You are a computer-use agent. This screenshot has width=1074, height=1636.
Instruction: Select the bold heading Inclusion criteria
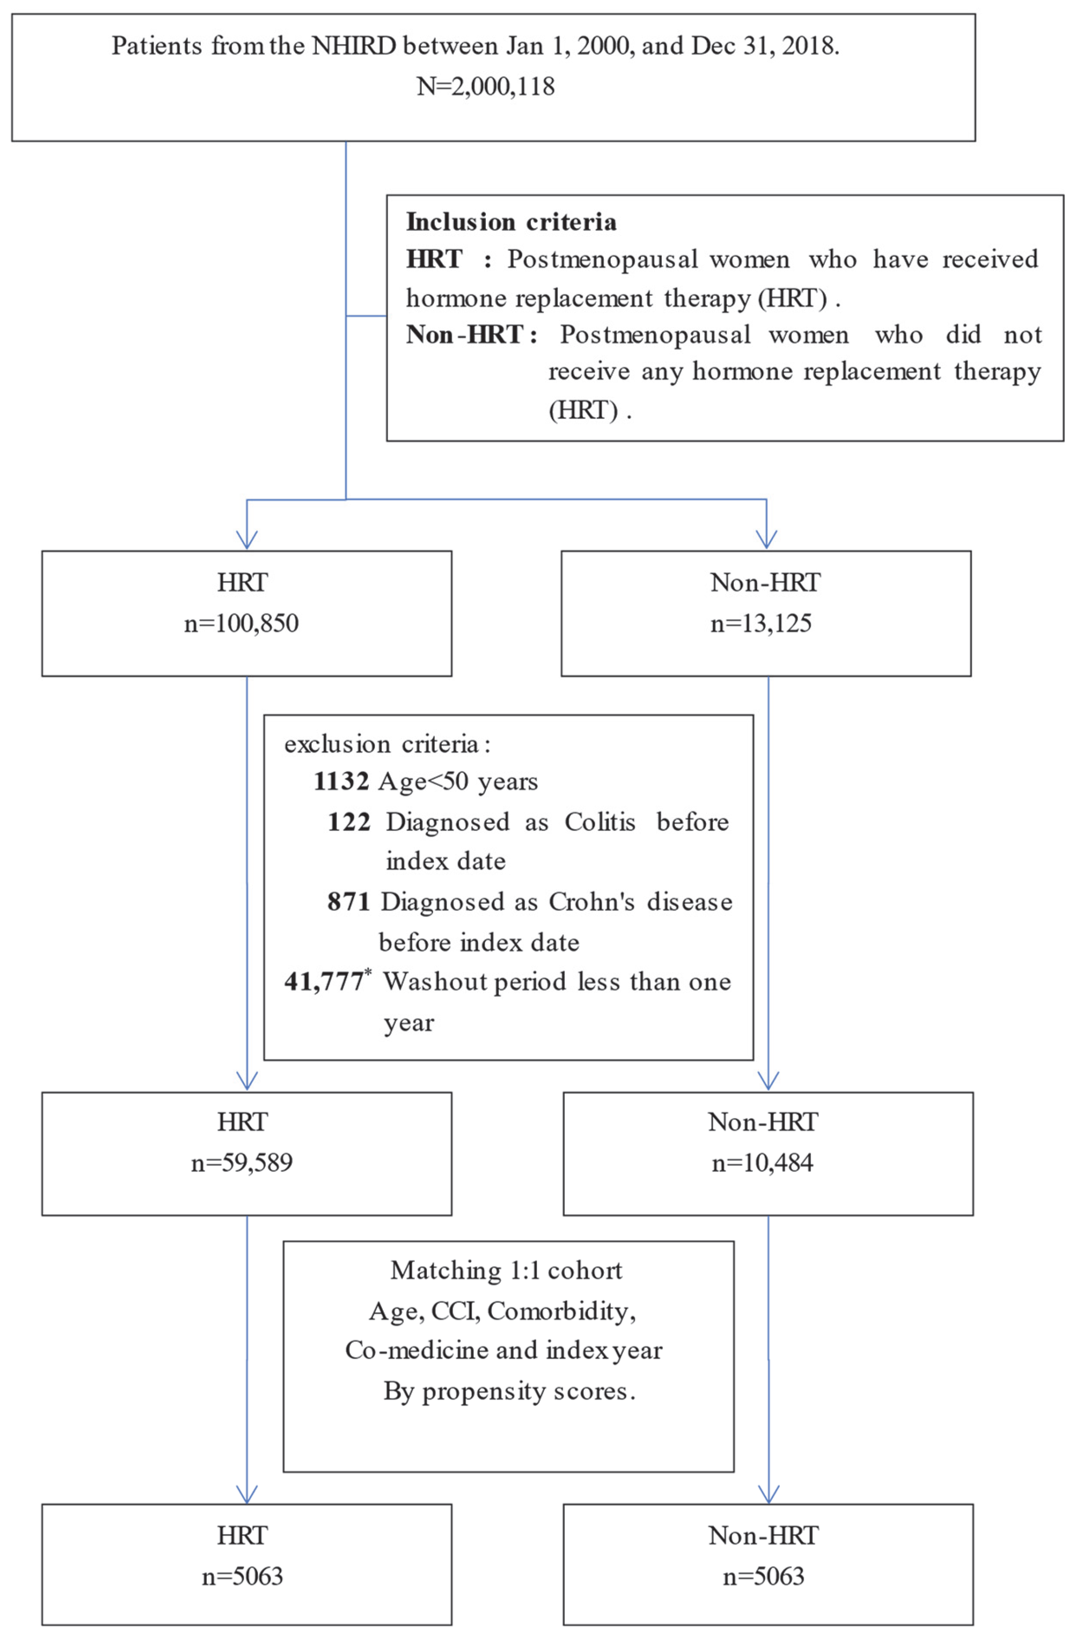point(511,222)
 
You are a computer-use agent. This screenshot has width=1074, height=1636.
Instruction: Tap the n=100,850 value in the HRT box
point(241,624)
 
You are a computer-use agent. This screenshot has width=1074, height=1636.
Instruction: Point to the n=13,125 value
point(761,624)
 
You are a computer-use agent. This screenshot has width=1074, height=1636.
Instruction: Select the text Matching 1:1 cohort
point(507,1270)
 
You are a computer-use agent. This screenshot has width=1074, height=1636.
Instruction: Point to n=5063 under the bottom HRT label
point(242,1576)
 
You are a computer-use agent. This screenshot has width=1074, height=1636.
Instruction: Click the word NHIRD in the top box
point(353,46)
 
